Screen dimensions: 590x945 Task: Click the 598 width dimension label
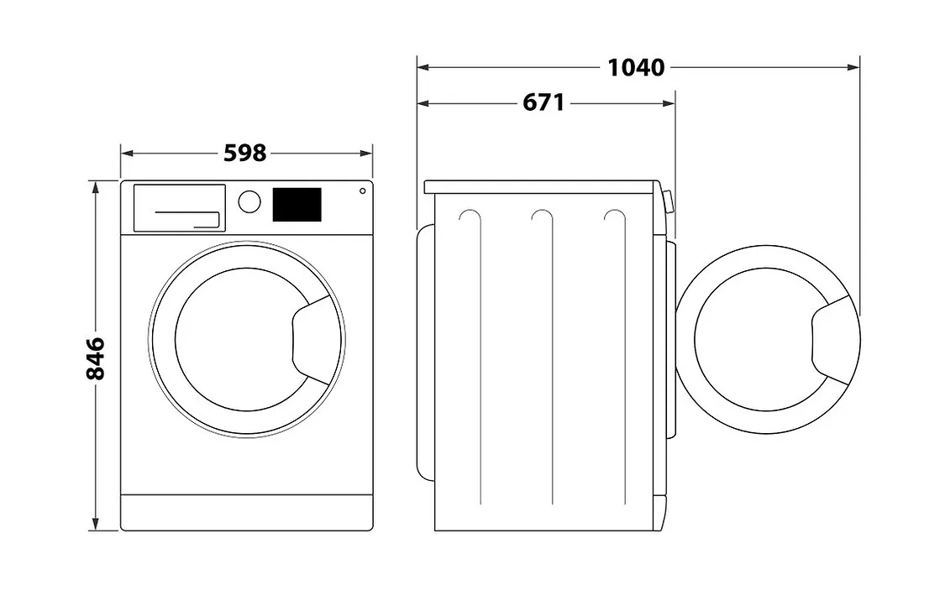tap(245, 153)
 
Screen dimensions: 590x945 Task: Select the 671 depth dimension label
tap(543, 102)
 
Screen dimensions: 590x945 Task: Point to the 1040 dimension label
tap(636, 66)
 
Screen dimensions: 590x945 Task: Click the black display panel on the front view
tap(297, 205)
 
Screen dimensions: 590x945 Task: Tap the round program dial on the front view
tap(249, 201)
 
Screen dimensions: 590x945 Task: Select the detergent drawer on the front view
tap(179, 207)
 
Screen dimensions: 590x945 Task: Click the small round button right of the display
tap(362, 191)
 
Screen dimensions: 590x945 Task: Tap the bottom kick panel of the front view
tap(246, 512)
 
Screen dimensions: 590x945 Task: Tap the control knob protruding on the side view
tap(667, 202)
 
